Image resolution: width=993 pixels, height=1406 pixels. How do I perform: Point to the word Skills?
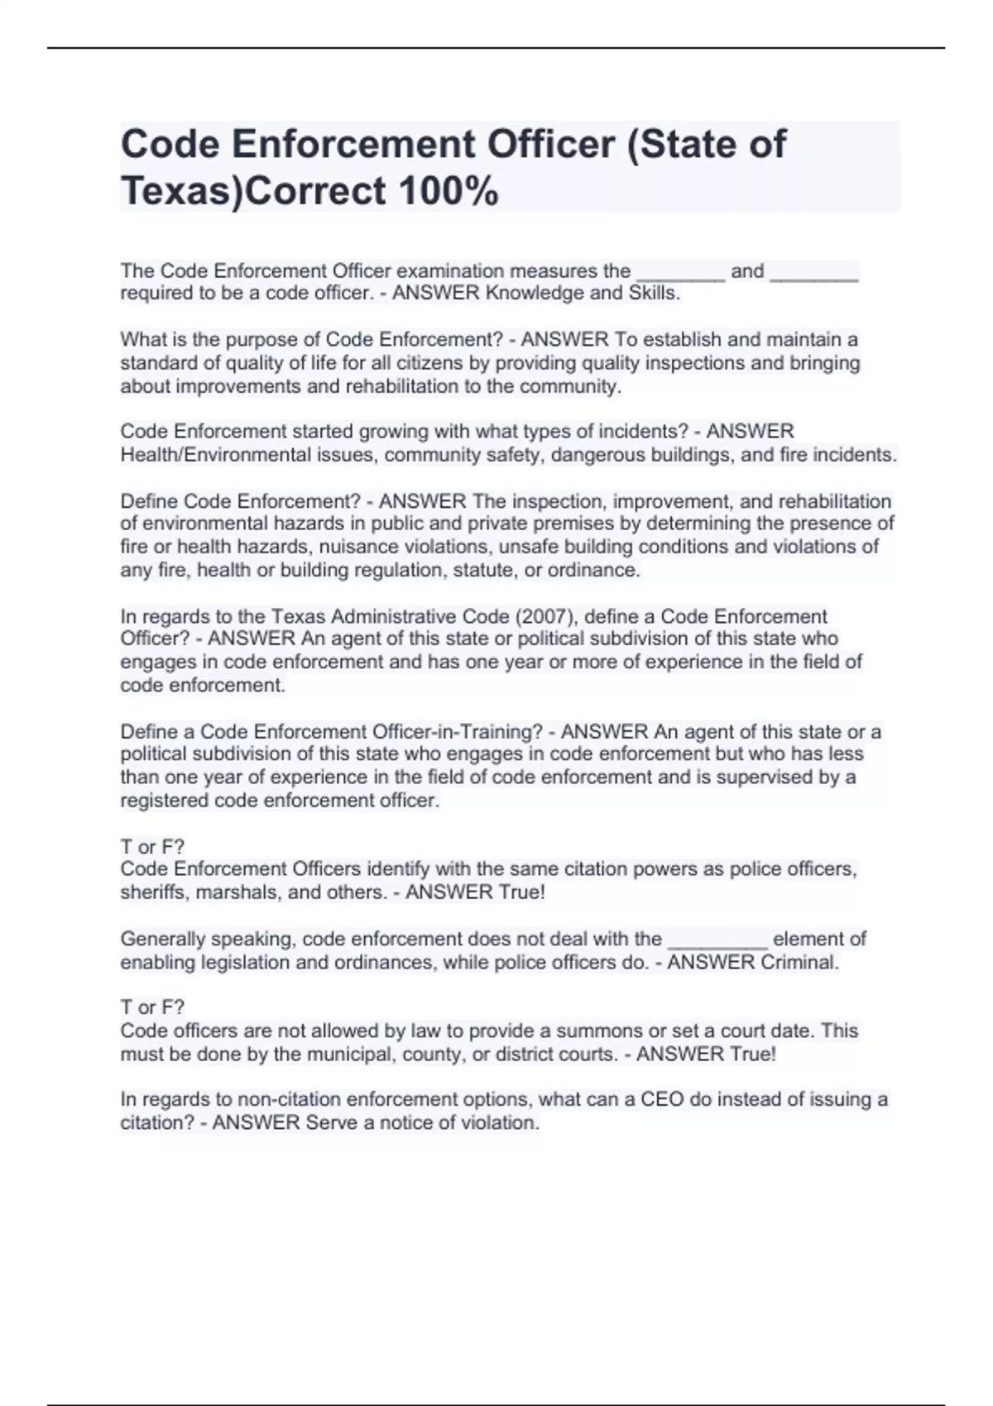[654, 294]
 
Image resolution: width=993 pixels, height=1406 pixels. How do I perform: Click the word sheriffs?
[150, 892]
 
